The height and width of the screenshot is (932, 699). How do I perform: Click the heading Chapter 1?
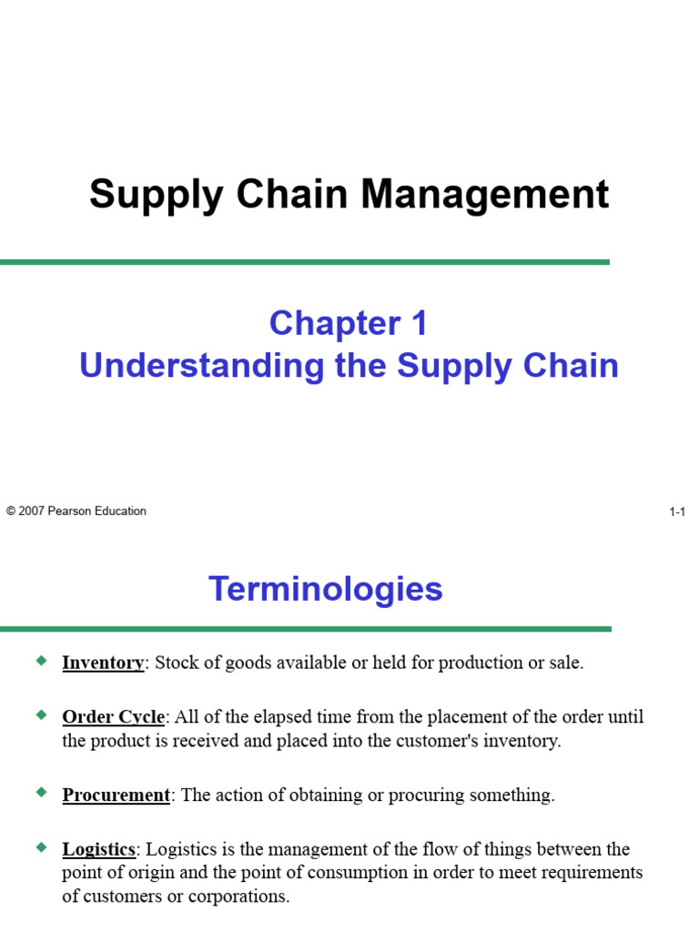[349, 323]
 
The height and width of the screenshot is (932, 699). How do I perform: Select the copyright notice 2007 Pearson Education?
[76, 512]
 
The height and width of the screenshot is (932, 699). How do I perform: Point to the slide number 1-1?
[676, 512]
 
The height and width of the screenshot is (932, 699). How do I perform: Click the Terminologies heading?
[326, 589]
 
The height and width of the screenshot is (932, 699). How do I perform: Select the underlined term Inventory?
[103, 663]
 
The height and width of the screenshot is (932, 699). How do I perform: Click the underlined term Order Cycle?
[113, 717]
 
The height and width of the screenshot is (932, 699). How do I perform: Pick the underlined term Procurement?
[116, 795]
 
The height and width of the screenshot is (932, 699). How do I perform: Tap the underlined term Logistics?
[98, 849]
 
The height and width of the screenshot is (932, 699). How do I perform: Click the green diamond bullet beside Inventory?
[40, 661]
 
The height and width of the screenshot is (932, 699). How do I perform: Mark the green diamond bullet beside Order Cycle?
[40, 715]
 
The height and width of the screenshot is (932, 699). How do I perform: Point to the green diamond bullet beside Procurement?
[40, 793]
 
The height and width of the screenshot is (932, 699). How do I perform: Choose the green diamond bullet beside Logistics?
[40, 847]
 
